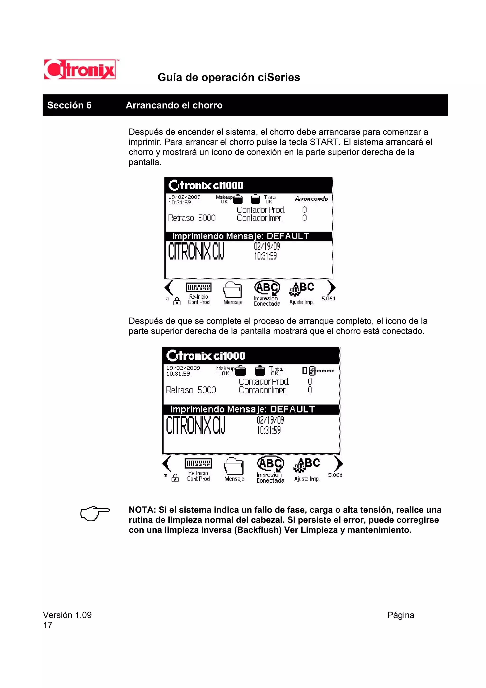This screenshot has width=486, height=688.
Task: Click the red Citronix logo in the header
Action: coord(80,70)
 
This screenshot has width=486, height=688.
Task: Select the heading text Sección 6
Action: coord(69,105)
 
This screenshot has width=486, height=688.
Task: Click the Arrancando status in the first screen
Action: coord(311,199)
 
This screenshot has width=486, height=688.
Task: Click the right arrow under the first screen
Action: coord(331,288)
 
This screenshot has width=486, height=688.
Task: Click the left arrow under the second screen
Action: coord(167,464)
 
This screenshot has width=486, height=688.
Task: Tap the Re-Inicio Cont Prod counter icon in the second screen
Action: coord(198,464)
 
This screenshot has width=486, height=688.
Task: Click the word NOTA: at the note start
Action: coord(142,510)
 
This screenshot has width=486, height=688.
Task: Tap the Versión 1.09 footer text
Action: coord(67,615)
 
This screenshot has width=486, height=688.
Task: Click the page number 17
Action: coord(48,625)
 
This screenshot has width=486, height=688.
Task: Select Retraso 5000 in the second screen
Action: coord(191,390)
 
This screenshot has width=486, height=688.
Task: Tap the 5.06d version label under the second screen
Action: coord(335,475)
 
